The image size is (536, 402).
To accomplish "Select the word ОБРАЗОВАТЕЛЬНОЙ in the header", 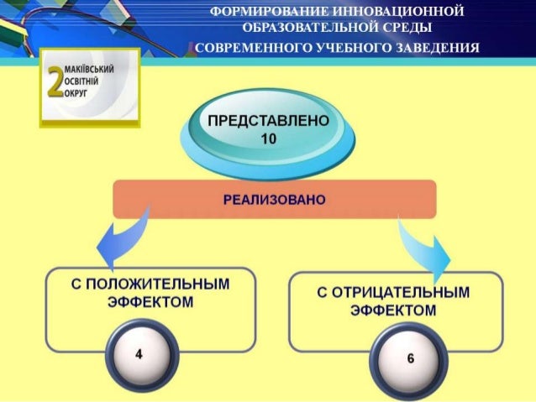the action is (x=315, y=28).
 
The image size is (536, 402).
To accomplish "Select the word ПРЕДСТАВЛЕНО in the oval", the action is (x=266, y=124).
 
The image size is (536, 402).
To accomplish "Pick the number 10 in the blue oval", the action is (x=268, y=140).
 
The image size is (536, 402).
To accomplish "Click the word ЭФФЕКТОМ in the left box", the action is (x=145, y=301).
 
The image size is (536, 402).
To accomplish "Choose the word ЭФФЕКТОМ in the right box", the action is (x=394, y=310).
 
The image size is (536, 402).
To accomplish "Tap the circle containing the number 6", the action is (x=409, y=359).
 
